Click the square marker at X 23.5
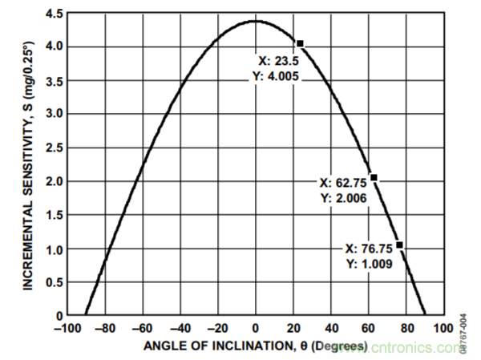300,43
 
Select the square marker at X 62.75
374,177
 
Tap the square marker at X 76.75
399,245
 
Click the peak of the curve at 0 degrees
256,21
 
